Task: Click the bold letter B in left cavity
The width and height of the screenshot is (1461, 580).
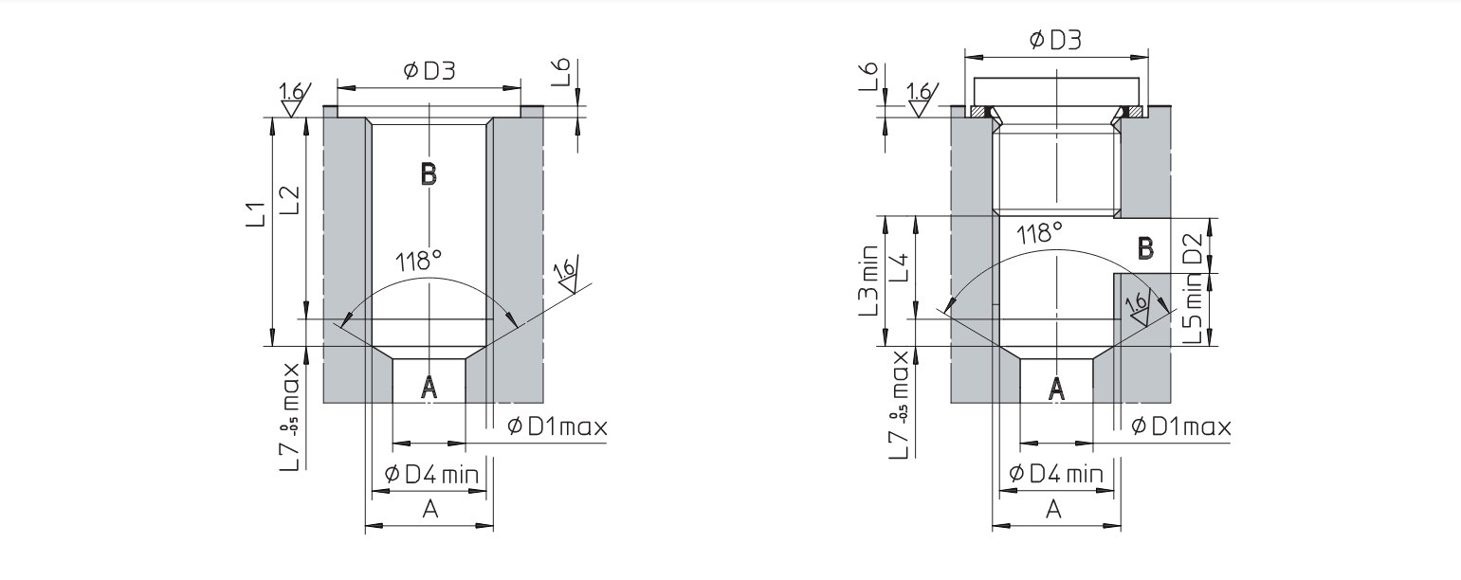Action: (x=428, y=173)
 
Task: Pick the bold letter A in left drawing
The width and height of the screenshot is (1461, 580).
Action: (x=429, y=386)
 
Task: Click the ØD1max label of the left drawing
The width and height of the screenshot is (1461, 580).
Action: (x=557, y=426)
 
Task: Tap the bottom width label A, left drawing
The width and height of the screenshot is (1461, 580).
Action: (x=429, y=510)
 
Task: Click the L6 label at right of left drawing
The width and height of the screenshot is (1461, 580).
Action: (x=561, y=74)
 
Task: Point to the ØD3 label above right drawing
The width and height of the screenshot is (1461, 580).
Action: (x=1056, y=39)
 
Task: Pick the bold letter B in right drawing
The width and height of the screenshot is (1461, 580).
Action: (x=1145, y=248)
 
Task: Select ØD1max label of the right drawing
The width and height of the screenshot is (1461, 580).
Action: (x=1181, y=426)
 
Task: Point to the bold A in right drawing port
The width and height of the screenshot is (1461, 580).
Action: (x=1055, y=386)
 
